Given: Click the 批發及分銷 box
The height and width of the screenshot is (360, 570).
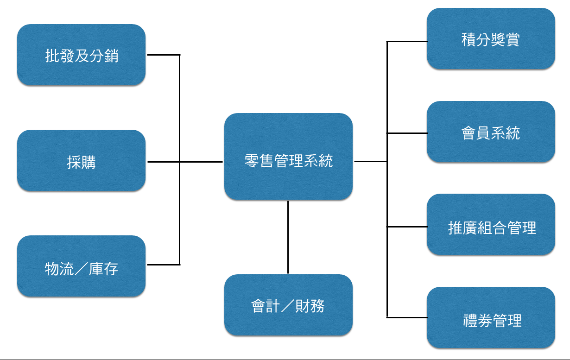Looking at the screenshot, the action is [82, 55].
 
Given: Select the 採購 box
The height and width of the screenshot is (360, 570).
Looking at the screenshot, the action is [82, 160].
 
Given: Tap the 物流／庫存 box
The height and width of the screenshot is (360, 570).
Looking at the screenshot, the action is [82, 266].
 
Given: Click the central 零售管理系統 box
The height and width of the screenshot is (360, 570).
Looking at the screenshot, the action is [288, 157].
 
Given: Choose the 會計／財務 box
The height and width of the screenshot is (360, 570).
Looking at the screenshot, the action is [288, 305].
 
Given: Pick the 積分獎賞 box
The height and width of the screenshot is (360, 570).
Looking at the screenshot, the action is [491, 38].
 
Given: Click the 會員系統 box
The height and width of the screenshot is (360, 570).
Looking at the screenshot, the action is [491, 132].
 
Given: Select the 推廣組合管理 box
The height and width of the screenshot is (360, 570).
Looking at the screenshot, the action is [491, 224].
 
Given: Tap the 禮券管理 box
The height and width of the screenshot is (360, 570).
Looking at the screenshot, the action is [491, 317].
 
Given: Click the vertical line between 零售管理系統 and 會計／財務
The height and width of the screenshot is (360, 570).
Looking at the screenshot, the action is [288, 237].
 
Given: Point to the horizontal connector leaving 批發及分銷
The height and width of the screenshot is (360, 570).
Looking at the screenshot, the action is [164, 55].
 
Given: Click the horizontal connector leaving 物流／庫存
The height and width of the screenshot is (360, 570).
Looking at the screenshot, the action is [164, 265].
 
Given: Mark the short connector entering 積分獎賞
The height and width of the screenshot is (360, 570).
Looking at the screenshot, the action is [407, 41].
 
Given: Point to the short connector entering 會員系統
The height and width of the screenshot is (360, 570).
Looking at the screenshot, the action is [407, 133].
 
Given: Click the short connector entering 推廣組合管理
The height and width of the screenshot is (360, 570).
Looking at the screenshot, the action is [407, 227].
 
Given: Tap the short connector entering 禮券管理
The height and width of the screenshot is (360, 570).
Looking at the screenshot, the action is [407, 317].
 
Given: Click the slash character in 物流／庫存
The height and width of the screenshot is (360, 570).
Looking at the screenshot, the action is [82, 269].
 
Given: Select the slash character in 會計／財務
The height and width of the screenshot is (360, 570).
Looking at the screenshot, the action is [288, 306].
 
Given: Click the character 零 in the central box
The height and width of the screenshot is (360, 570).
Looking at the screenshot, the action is [252, 161].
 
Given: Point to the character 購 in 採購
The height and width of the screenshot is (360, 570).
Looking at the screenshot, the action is [89, 162].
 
